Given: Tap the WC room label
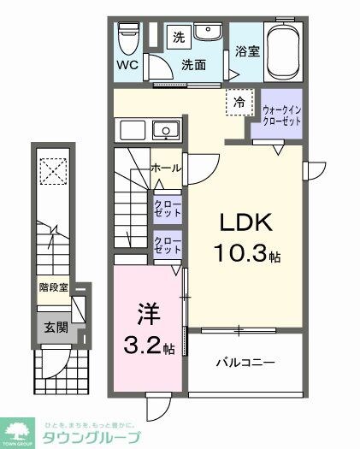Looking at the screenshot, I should tap(128, 64).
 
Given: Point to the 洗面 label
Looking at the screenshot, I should tap(194, 64).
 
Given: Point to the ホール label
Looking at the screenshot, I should tap(165, 168).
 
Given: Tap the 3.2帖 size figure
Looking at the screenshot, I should tap(145, 348).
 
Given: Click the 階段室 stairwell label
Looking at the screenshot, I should tap(54, 287).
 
